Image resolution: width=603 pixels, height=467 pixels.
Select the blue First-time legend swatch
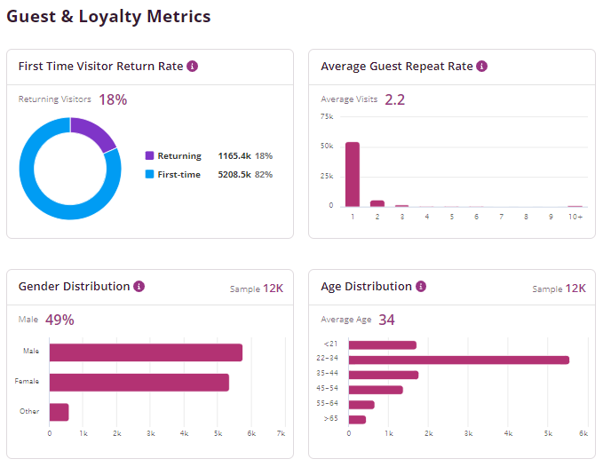[x=149, y=175]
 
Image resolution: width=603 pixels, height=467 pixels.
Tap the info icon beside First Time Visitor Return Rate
[x=193, y=67]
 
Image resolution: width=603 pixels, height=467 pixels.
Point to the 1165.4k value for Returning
[x=235, y=156]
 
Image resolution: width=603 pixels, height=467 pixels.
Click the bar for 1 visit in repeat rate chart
[x=353, y=174]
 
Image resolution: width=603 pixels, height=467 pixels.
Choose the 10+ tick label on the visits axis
[x=575, y=217]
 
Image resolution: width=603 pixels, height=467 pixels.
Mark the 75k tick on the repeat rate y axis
[x=326, y=116]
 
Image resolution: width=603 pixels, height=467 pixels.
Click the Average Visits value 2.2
[x=394, y=99]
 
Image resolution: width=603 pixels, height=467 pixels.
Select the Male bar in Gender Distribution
[x=146, y=352]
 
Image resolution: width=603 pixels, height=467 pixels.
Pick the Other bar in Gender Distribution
[x=59, y=412]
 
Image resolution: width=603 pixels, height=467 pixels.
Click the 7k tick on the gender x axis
[x=281, y=433]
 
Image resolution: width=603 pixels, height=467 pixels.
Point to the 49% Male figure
[x=60, y=320]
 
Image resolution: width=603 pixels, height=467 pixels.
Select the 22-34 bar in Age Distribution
[x=458, y=360]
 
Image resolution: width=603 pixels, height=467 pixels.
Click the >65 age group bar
[x=357, y=419]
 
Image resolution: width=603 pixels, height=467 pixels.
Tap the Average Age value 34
[x=386, y=320]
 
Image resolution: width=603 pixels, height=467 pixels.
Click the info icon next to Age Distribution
[x=421, y=287]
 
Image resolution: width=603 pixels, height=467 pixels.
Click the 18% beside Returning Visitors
[x=113, y=99]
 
